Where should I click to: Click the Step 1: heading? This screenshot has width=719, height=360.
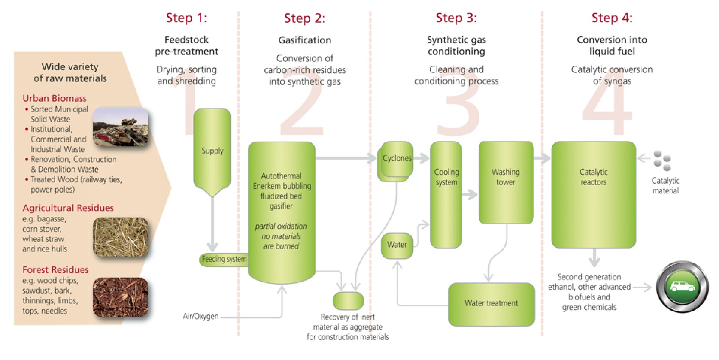pyautogui.click(x=186, y=18)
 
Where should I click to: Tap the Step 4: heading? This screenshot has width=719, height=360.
pyautogui.click(x=612, y=18)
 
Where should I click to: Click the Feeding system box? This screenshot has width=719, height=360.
pyautogui.click(x=224, y=259)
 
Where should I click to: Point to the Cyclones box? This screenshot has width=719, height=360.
pyautogui.click(x=397, y=159)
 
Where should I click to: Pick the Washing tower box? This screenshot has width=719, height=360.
pyautogui.click(x=506, y=182)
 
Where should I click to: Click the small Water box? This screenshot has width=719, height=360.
pyautogui.click(x=397, y=245)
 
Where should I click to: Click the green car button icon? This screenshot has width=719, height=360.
pyautogui.click(x=682, y=287)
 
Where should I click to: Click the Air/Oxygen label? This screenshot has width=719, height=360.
pyautogui.click(x=200, y=316)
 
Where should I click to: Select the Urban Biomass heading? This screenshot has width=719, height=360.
pyautogui.click(x=54, y=99)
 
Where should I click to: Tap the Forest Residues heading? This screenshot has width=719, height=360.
pyautogui.click(x=55, y=270)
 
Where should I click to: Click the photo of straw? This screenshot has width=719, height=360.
pyautogui.click(x=121, y=237)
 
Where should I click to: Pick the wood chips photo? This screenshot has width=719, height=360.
pyautogui.click(x=121, y=297)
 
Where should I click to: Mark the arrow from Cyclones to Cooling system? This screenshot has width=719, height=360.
pyautogui.click(x=421, y=158)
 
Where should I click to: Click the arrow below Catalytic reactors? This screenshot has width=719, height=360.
pyautogui.click(x=594, y=258)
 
